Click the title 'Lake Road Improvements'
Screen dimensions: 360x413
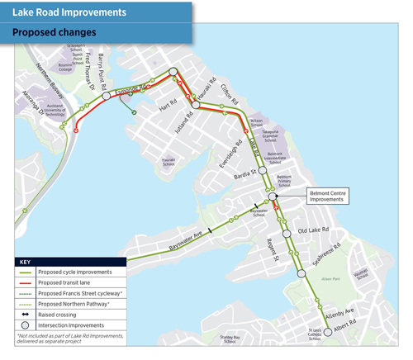69,12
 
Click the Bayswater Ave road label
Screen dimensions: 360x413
169,234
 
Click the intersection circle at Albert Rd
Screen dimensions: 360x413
327,331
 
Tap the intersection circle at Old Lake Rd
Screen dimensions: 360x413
287,234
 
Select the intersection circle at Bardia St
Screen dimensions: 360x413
262,169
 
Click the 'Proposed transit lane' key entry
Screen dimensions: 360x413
69,282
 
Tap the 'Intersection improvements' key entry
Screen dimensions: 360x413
74,325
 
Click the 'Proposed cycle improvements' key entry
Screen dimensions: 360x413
78,272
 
